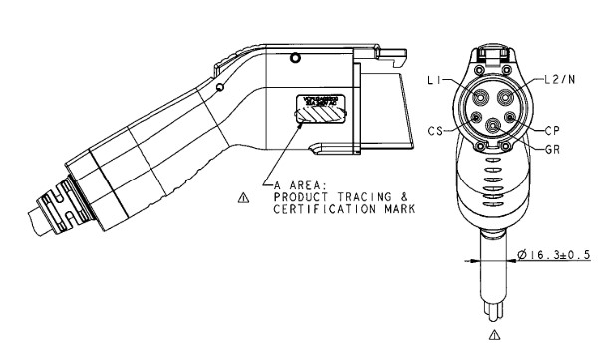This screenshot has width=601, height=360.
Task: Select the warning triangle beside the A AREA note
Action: [x=244, y=197]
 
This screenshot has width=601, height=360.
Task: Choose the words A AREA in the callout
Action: [x=292, y=186]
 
